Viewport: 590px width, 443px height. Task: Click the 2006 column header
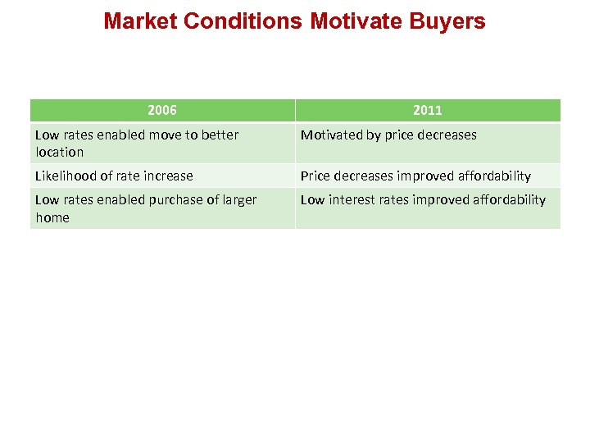point(162,110)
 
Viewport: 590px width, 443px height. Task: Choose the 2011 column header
point(427,110)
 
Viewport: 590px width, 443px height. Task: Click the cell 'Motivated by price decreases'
point(388,135)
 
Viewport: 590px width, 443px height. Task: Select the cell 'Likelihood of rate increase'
point(114,176)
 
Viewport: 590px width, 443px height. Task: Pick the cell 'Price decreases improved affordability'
point(415,176)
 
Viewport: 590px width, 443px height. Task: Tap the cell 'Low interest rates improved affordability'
point(423,199)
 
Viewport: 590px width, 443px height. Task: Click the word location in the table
point(60,152)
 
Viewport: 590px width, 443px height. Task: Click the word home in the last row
point(52,217)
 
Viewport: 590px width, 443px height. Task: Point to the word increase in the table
point(167,176)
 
